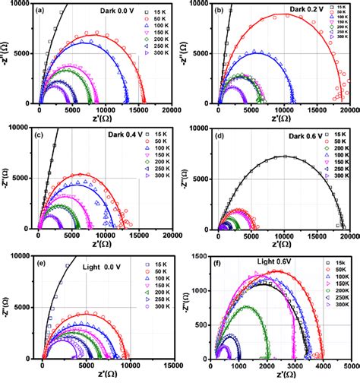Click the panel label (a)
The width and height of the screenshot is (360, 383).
[x=47, y=11]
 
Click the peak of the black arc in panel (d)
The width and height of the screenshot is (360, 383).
[x=283, y=157]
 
